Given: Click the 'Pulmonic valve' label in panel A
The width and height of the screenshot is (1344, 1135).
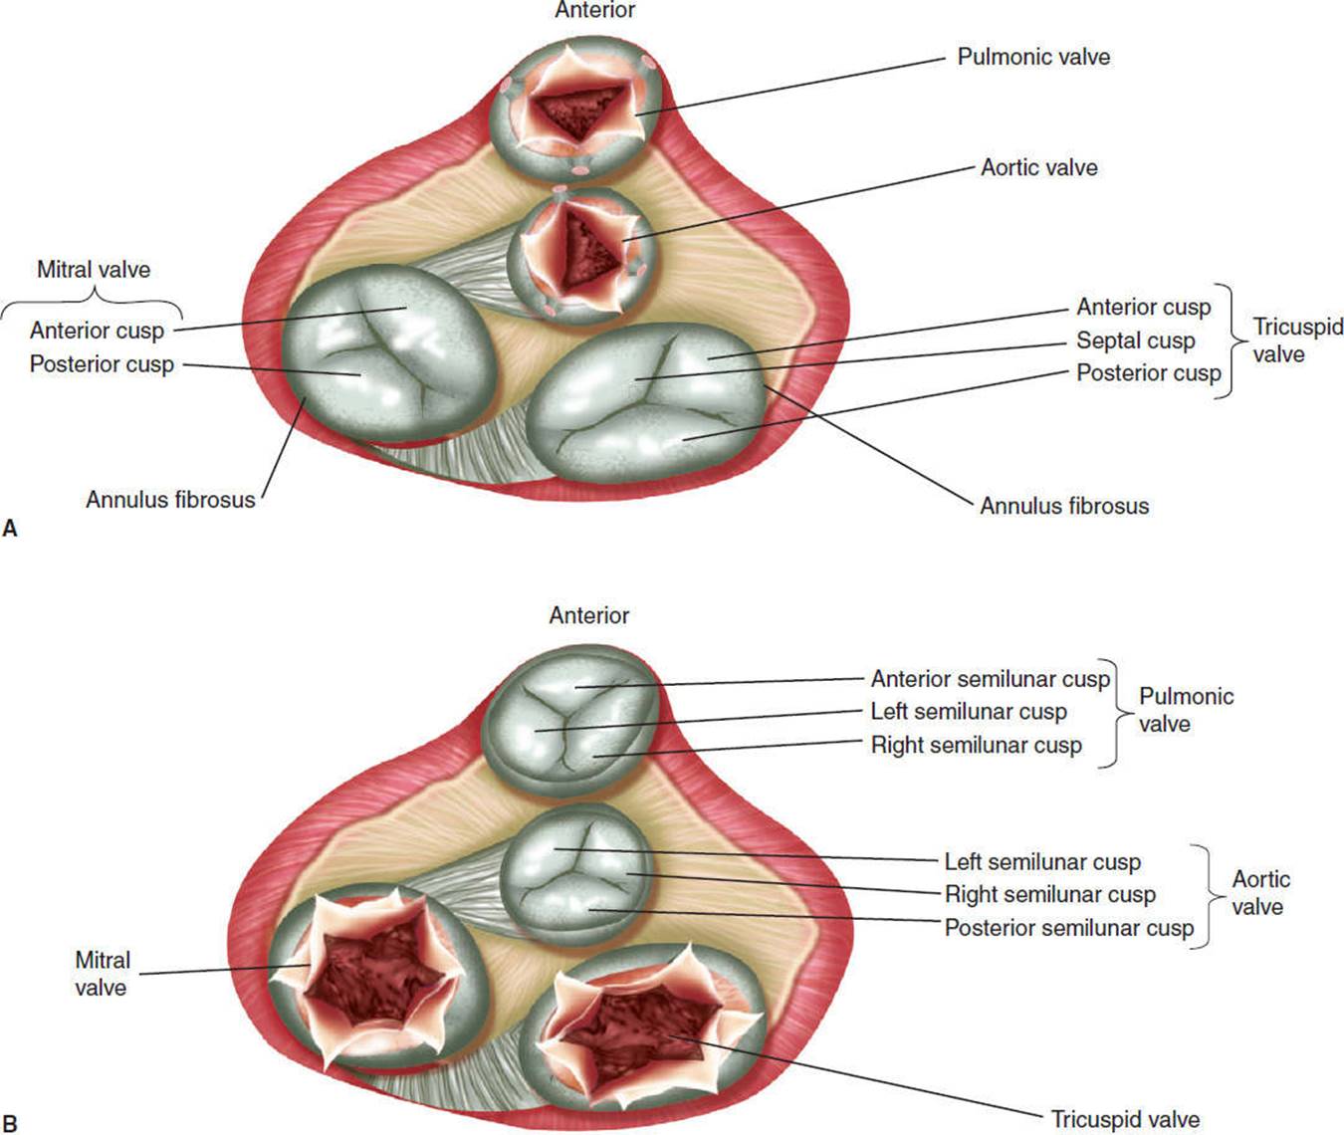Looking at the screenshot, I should point(1033,57).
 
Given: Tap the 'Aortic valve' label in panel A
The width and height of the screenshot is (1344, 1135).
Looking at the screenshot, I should point(1038,167).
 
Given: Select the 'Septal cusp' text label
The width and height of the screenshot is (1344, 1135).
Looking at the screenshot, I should point(1135,340).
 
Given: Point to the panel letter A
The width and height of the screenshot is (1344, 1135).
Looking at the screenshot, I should point(11,529).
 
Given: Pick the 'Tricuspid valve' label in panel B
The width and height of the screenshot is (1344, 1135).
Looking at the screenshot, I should point(1125,1119).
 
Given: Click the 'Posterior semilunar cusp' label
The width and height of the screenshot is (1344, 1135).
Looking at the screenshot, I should point(1068,928).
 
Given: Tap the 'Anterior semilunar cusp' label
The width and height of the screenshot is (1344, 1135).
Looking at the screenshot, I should point(990,679).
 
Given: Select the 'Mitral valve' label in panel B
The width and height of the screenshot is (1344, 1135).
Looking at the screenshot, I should point(102,974).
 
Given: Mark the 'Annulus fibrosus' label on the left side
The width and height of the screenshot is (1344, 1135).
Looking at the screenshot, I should point(170,500).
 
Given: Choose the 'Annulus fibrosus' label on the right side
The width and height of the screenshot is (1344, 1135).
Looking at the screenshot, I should point(1063,506).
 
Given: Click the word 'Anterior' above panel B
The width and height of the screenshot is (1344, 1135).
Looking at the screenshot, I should point(588,615).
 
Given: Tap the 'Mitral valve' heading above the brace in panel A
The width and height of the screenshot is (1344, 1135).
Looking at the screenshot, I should point(94,269).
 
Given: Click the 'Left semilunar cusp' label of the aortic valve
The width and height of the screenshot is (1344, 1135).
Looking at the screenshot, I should point(1042,862).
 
